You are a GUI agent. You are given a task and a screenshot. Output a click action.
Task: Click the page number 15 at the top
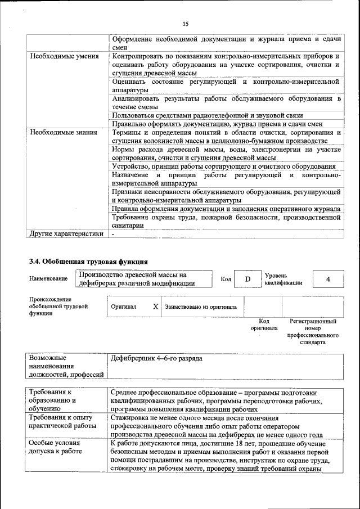[x=185, y=24]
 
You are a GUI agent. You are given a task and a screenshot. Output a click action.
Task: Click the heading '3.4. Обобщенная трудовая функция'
[x=88, y=261]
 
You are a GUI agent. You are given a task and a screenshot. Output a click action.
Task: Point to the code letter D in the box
[x=246, y=279]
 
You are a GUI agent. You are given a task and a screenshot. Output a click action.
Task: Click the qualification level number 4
[x=328, y=279]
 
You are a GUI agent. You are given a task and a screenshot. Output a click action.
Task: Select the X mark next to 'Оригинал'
[x=155, y=307]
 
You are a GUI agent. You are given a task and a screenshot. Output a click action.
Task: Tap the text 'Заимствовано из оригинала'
[x=201, y=308]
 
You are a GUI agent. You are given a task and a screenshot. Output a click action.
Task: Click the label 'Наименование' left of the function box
[x=47, y=279]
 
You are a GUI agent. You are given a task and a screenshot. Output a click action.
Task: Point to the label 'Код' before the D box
[x=226, y=279]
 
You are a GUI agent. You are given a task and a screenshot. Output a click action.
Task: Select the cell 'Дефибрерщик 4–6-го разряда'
[x=157, y=358]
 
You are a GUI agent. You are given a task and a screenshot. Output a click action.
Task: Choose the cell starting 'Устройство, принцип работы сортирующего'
[x=223, y=166]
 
